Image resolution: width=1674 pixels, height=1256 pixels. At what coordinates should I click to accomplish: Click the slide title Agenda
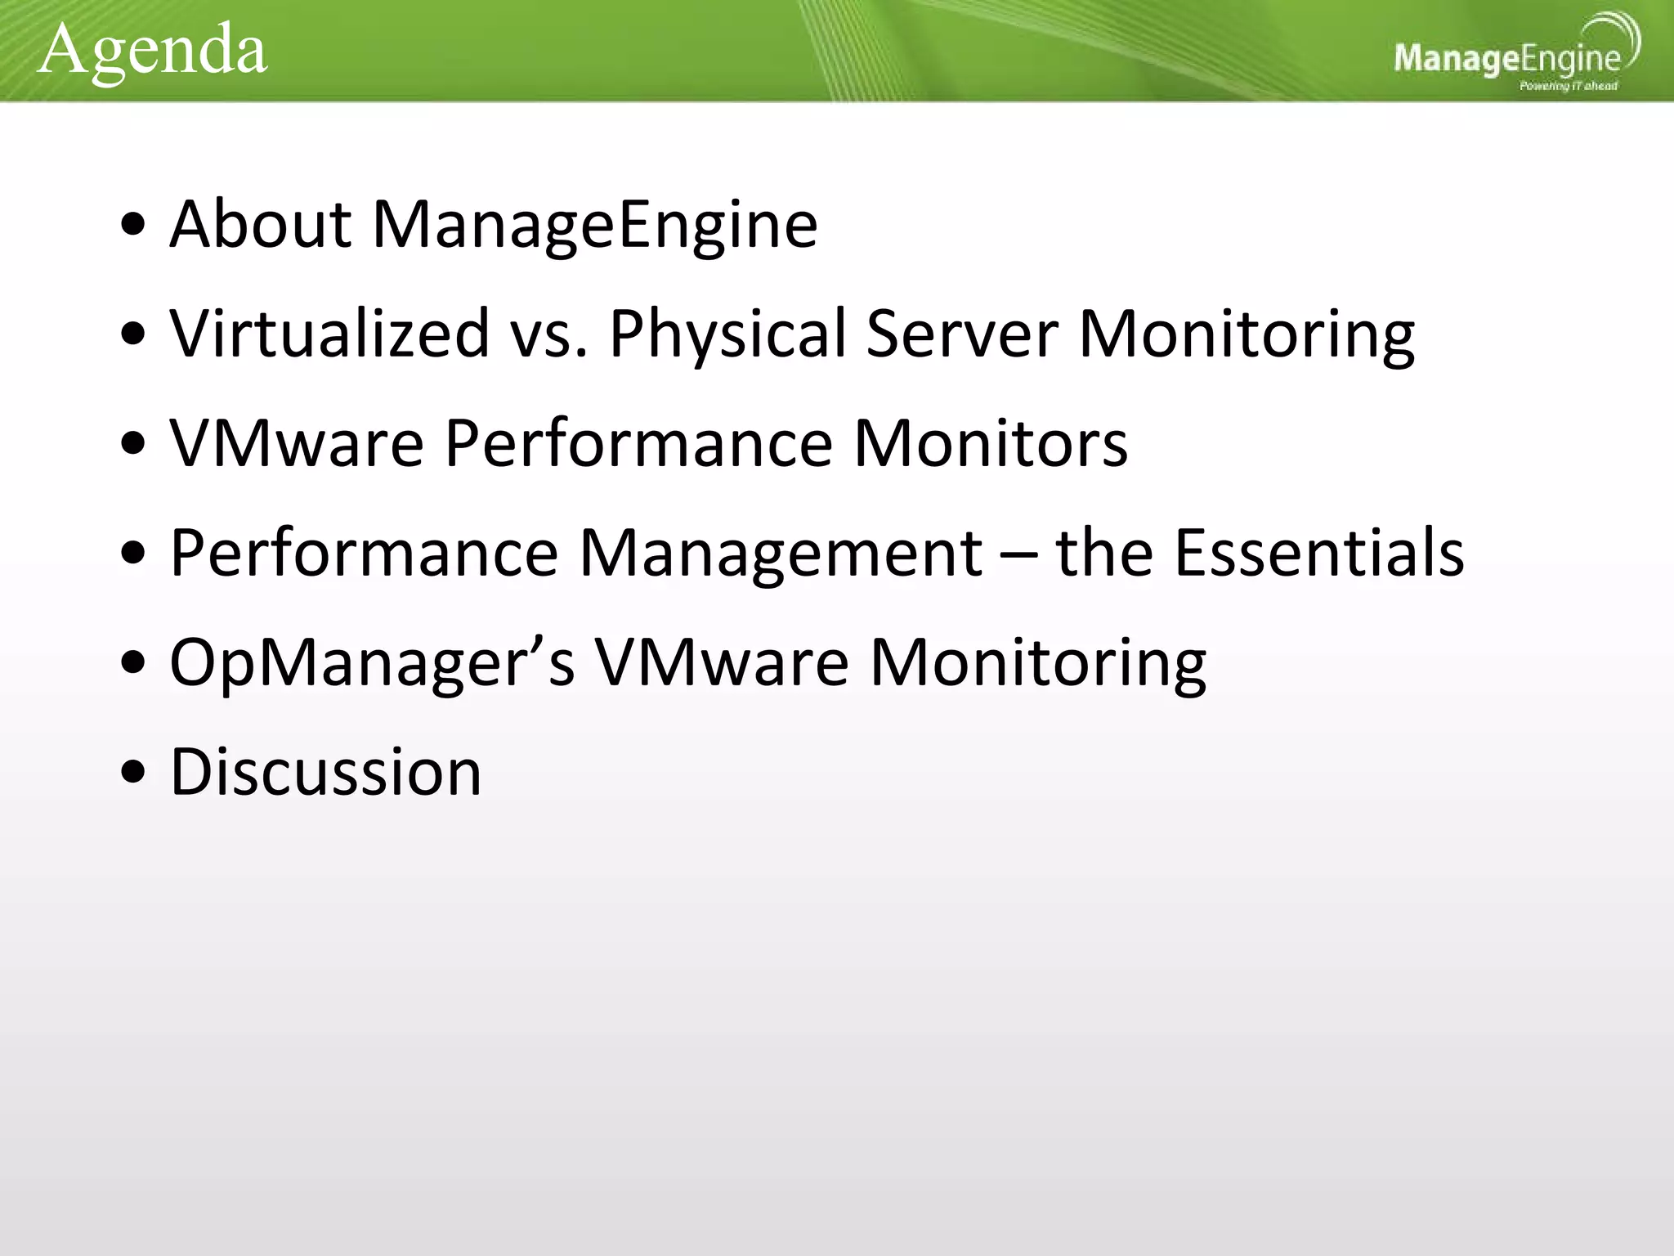[152, 51]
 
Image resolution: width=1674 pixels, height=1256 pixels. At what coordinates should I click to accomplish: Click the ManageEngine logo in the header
[1507, 56]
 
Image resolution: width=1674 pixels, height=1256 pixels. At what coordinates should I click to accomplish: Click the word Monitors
[991, 443]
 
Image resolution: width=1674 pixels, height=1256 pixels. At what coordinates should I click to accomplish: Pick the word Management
[781, 554]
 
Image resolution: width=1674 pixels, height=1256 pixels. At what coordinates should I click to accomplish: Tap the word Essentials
[1319, 553]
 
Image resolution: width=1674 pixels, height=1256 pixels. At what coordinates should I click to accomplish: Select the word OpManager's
[372, 663]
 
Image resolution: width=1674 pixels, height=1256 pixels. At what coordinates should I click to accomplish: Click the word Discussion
[325, 772]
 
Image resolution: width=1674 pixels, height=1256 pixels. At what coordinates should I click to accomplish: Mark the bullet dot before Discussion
[132, 773]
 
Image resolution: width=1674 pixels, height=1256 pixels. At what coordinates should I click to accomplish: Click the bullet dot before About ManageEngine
[132, 225]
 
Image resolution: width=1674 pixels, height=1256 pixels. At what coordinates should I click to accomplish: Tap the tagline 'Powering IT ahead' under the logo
[1568, 86]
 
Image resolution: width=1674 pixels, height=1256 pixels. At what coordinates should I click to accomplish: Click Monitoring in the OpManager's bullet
[1037, 663]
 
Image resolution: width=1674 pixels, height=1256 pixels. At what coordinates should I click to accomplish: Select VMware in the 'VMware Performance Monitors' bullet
[297, 443]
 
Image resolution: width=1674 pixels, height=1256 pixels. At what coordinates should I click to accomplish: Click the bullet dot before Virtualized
[132, 334]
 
